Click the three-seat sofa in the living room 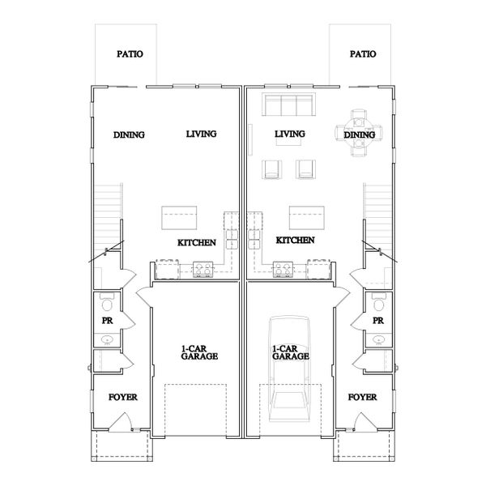click(x=288, y=106)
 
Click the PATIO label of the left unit click(x=129, y=54)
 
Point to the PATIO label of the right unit click(x=362, y=54)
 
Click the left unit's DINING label click(x=129, y=134)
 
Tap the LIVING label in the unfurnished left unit click(x=201, y=134)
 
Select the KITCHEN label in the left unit click(x=196, y=242)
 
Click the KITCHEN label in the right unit click(x=295, y=241)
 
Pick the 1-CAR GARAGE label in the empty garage click(x=198, y=352)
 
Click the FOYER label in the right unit click(x=361, y=398)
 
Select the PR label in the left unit click(x=106, y=321)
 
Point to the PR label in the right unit click(x=377, y=321)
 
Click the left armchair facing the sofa click(x=272, y=168)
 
